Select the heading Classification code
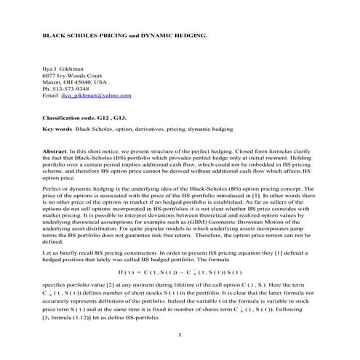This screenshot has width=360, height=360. click(73, 116)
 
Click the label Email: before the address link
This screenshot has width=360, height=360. click(52, 96)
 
